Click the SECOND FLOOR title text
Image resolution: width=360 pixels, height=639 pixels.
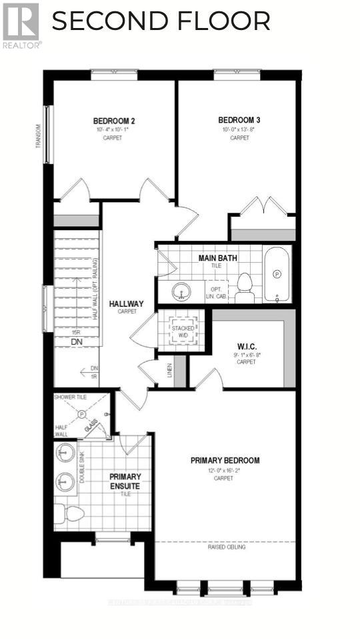click(x=161, y=21)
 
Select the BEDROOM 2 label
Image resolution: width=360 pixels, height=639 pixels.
click(x=114, y=121)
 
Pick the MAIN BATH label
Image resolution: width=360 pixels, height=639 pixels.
click(x=218, y=257)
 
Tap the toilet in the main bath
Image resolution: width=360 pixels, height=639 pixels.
click(x=244, y=283)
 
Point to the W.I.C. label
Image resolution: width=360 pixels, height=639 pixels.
click(x=246, y=346)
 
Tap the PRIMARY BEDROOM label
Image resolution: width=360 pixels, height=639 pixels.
click(x=225, y=460)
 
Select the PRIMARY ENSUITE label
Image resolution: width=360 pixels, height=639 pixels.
click(x=126, y=481)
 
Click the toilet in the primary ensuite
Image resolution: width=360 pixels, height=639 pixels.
click(x=69, y=513)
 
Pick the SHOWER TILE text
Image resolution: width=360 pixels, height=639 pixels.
click(x=71, y=397)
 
